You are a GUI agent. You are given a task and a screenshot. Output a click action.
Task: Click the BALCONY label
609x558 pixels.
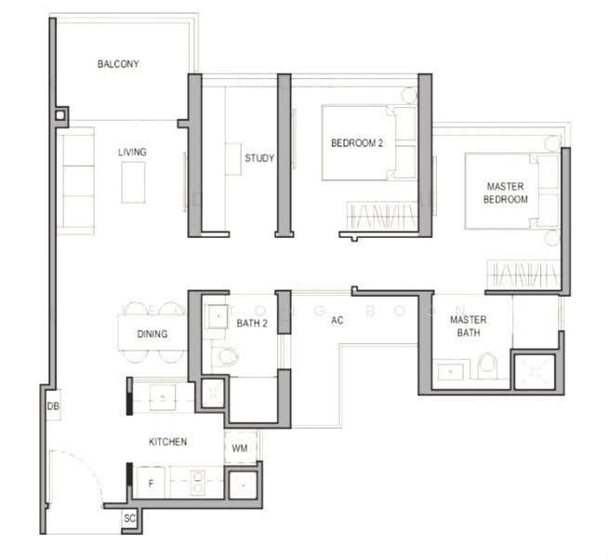(118, 64)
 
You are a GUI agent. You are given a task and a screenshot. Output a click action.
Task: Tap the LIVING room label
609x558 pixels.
(132, 152)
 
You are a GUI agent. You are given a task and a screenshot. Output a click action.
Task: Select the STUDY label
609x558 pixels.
(259, 158)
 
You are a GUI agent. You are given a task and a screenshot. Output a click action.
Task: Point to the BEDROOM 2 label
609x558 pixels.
(357, 143)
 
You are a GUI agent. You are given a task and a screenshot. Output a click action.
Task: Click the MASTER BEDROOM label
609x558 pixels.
(505, 193)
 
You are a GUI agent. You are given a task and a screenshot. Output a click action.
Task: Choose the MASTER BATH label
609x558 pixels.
(469, 326)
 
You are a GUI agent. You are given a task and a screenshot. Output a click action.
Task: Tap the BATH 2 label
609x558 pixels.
(252, 323)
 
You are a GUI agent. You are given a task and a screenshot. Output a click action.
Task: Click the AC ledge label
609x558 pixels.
(338, 320)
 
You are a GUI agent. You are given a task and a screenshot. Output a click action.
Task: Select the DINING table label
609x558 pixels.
(152, 334)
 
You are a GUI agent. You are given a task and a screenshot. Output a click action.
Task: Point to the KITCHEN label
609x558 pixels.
(167, 442)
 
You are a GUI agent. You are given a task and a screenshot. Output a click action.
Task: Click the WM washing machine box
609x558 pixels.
(241, 447)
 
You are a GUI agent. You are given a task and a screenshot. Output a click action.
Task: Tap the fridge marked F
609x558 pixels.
(151, 483)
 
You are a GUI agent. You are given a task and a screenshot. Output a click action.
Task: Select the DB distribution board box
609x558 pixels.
(53, 405)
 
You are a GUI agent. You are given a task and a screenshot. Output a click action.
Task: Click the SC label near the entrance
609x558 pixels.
(130, 518)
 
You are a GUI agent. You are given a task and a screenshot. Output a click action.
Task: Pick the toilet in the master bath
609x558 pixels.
(488, 365)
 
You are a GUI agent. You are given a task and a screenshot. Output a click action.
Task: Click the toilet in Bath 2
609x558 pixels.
(228, 356)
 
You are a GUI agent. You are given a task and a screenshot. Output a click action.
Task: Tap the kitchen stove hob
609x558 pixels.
(197, 483)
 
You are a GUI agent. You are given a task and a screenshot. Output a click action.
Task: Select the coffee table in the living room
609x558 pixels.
(133, 182)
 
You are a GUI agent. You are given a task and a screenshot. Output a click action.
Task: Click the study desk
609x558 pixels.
(233, 158)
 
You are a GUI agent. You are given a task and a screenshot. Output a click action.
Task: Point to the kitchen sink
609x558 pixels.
(163, 397)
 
